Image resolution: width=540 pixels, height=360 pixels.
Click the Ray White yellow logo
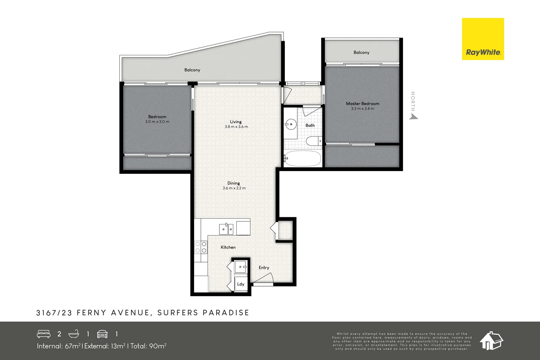click(483, 39)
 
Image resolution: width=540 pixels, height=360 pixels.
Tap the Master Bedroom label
click(362, 104)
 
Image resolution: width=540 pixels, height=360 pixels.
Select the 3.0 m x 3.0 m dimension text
click(157, 122)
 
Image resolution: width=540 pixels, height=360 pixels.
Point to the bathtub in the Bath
click(302, 158)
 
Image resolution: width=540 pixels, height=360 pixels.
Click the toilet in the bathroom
click(314, 141)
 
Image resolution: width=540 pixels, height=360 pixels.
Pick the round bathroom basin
click(290, 124)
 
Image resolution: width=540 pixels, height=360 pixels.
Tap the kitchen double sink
click(226, 229)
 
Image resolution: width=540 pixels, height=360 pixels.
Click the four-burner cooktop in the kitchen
click(201, 247)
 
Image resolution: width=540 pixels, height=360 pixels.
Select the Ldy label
click(241, 284)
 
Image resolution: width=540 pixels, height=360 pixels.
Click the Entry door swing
click(264, 278)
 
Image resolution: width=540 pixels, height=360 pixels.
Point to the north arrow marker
click(413, 116)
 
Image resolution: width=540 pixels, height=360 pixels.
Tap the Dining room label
click(234, 183)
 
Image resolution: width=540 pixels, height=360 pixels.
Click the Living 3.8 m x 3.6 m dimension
click(236, 127)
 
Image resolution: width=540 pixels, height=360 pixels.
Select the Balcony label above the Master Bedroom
click(361, 52)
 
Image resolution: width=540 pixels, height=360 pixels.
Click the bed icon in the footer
click(44, 334)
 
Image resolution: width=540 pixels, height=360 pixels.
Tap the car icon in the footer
click(102, 334)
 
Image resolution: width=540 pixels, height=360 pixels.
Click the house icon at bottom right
click(491, 340)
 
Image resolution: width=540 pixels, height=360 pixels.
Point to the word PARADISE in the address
click(226, 313)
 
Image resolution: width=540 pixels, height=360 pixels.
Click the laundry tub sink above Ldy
click(241, 267)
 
